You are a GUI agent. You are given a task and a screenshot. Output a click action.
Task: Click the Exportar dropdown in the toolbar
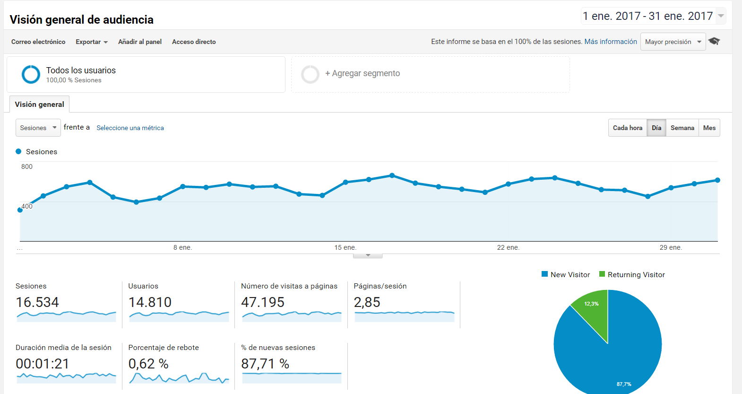click(92, 42)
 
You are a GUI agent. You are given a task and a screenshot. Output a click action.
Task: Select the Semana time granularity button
click(682, 128)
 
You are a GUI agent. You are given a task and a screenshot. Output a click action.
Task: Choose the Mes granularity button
click(709, 128)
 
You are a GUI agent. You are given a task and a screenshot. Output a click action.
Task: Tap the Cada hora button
click(627, 128)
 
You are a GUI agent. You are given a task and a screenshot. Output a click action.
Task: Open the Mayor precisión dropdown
click(673, 42)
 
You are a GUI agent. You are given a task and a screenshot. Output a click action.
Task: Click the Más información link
click(611, 42)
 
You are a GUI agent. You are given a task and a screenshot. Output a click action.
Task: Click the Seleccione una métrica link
click(130, 128)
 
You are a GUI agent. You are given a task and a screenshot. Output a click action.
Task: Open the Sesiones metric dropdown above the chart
click(38, 128)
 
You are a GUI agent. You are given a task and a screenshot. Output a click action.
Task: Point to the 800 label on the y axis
click(27, 166)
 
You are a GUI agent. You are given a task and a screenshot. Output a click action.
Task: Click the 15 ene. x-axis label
click(345, 247)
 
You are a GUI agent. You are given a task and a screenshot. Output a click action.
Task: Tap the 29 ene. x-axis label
click(671, 247)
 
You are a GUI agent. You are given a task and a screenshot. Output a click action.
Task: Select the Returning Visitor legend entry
click(632, 274)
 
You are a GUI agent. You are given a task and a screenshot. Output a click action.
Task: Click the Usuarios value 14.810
click(150, 302)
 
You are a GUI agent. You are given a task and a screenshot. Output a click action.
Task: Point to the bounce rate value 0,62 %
click(148, 364)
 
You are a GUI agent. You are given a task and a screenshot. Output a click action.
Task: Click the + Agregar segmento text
click(362, 73)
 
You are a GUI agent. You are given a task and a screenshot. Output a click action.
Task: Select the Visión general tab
click(39, 104)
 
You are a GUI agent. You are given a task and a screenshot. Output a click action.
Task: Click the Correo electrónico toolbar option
click(38, 42)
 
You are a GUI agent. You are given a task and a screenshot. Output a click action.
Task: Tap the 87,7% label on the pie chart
click(624, 384)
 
